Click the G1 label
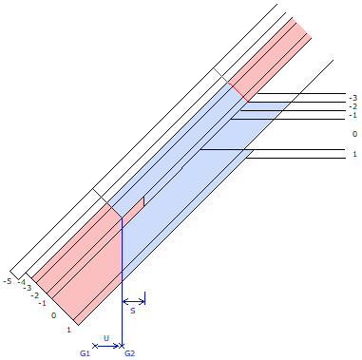coord(85,353)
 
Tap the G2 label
coord(130,353)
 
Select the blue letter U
coord(106,338)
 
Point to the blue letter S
coord(133,311)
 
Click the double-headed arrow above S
coord(134,301)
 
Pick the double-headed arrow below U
coord(107,346)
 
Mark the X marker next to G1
coord(95,346)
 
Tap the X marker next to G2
coord(122,346)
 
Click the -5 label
coord(7,281)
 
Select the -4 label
coord(22,282)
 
